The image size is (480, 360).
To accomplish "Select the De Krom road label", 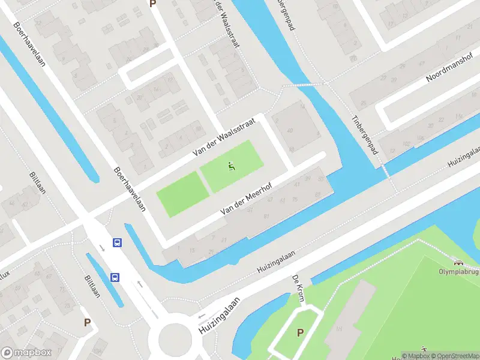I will click(x=298, y=289).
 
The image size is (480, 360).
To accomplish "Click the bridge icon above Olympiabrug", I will click(x=460, y=262).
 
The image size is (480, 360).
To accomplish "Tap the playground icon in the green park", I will click(x=231, y=166).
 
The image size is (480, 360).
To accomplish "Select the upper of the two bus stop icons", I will click(x=117, y=243).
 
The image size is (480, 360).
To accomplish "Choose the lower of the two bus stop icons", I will click(x=115, y=277).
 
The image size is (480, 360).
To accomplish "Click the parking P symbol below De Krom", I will click(x=300, y=332).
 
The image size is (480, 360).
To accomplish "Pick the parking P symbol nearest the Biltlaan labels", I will click(x=87, y=322).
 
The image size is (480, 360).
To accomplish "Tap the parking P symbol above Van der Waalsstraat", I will click(x=152, y=4).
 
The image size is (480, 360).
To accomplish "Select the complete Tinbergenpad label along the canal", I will click(x=365, y=134).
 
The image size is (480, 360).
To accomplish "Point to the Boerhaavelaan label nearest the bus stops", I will click(x=130, y=188).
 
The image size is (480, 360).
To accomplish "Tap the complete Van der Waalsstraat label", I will click(x=224, y=137).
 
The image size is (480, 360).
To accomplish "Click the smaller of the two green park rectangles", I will click(x=182, y=193).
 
